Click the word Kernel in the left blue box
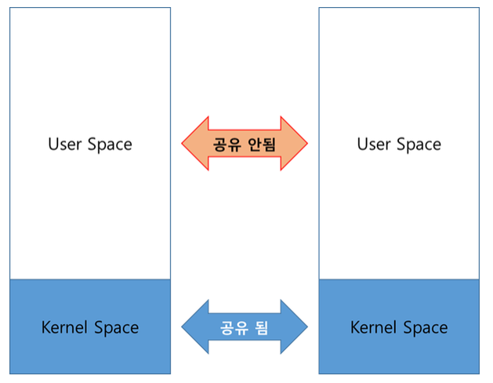65,327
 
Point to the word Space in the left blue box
114,327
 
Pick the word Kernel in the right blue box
374,327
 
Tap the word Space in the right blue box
424,327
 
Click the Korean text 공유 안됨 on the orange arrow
245,144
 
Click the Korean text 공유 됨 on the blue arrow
245,327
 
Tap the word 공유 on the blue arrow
234,327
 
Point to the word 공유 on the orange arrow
227,144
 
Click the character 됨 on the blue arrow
262,327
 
